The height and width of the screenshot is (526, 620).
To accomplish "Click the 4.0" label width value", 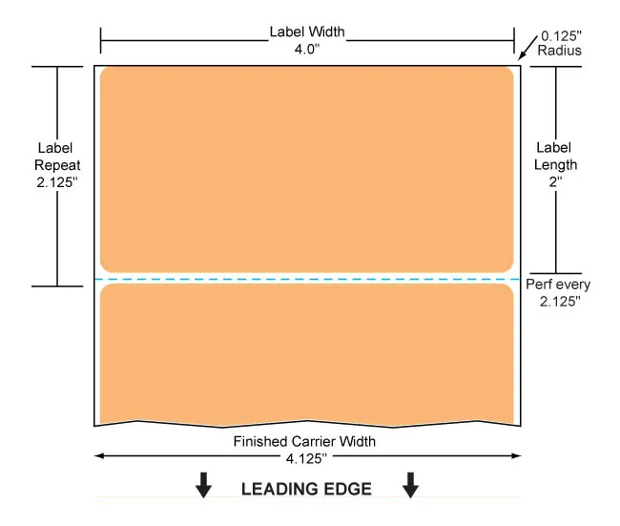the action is tap(307, 50).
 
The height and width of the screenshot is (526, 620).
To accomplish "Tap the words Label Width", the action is tap(307, 32).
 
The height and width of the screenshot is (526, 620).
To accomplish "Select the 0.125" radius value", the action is tap(561, 36).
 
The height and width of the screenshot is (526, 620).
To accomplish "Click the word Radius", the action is tap(559, 51).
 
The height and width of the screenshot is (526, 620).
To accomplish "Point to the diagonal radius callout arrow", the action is tap(527, 48).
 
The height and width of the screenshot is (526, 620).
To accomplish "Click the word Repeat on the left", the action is tap(57, 165).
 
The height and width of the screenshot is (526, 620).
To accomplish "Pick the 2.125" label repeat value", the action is tap(57, 182).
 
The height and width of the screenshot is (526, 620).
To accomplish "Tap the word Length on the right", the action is tap(555, 164).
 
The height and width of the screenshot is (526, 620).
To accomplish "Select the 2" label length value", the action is tap(555, 181).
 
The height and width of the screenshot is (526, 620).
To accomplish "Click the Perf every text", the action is tap(558, 284).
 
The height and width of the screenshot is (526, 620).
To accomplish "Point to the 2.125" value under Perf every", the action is tap(560, 302).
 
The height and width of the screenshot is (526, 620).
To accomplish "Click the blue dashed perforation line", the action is tap(307, 280).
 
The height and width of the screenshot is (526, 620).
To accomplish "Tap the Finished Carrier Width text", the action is tap(304, 441).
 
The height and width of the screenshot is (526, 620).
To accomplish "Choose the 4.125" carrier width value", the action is tap(306, 459).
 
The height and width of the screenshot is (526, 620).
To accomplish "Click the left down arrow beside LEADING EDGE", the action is tap(203, 485).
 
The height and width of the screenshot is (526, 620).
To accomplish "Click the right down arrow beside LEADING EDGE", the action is tap(410, 485).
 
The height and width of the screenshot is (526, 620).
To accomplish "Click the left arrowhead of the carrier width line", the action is tap(99, 456).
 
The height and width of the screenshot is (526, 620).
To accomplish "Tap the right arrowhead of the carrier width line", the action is tap(516, 456).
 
